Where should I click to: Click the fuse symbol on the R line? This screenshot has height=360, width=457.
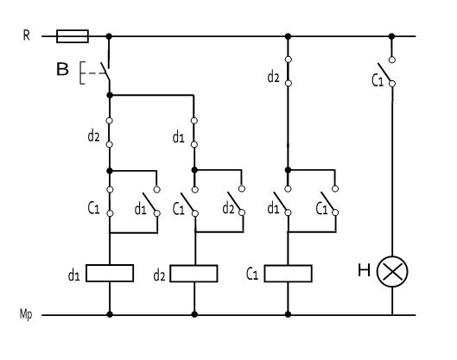pyautogui.click(x=73, y=36)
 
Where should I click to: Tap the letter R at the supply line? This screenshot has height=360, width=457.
pyautogui.click(x=27, y=35)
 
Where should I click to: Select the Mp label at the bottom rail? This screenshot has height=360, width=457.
pyautogui.click(x=26, y=314)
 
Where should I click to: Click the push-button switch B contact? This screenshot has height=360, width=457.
pyautogui.click(x=105, y=71)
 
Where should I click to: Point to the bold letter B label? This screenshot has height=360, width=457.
pyautogui.click(x=62, y=69)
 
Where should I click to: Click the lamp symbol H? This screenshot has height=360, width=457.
pyautogui.click(x=392, y=271)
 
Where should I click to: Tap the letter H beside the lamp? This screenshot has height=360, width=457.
pyautogui.click(x=364, y=270)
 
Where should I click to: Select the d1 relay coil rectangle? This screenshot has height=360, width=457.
pyautogui.click(x=110, y=273)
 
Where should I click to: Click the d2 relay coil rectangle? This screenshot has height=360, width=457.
pyautogui.click(x=194, y=274)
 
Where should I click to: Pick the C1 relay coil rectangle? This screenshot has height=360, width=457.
pyautogui.click(x=289, y=274)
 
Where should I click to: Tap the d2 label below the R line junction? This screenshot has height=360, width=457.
pyautogui.click(x=273, y=78)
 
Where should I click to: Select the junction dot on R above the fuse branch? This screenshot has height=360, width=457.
pyautogui.click(x=109, y=36)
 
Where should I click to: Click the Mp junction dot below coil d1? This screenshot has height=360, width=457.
pyautogui.click(x=110, y=314)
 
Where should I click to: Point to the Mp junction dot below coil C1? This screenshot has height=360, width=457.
pyautogui.click(x=288, y=314)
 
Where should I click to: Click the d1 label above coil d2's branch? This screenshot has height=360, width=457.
pyautogui.click(x=179, y=137)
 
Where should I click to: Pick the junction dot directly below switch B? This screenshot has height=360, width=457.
pyautogui.click(x=110, y=95)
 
